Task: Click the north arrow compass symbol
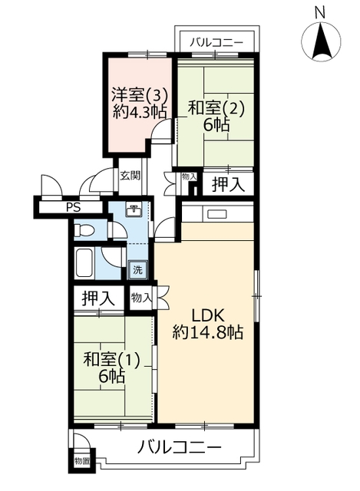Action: pyautogui.click(x=321, y=41)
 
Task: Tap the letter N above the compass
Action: pyautogui.click(x=320, y=13)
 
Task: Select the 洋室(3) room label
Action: pyautogui.click(x=140, y=95)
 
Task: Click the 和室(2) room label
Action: pyautogui.click(x=215, y=110)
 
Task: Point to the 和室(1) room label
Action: pyautogui.click(x=111, y=361)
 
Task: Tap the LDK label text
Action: pyautogui.click(x=208, y=316)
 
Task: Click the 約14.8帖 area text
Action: pyautogui.click(x=208, y=333)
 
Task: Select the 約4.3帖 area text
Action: pyautogui.click(x=140, y=112)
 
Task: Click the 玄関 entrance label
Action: pyautogui.click(x=130, y=176)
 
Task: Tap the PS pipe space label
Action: pyautogui.click(x=74, y=207)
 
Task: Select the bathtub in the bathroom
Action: pyautogui.click(x=84, y=262)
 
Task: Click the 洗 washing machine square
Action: pyautogui.click(x=137, y=270)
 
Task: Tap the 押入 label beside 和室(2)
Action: pyautogui.click(x=228, y=184)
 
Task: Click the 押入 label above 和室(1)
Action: pyautogui.click(x=98, y=298)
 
